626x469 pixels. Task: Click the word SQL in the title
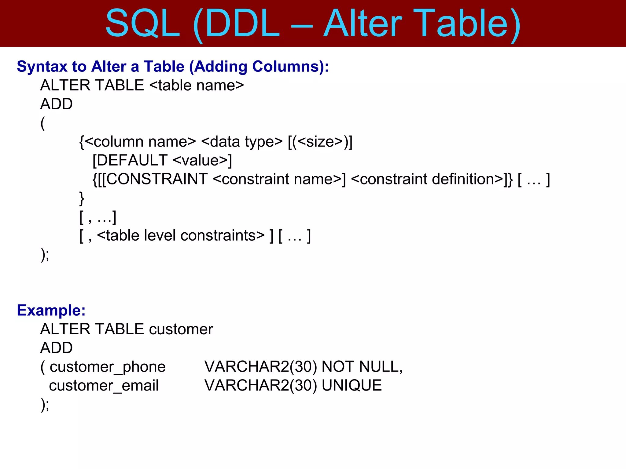[x=142, y=24]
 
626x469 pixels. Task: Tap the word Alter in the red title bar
[x=363, y=24]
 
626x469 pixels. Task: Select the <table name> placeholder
[x=197, y=85]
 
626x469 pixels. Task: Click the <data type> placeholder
[x=242, y=142]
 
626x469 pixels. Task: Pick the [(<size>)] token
[x=320, y=142]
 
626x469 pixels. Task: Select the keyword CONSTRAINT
[x=157, y=179]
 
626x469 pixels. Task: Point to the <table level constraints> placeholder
[x=180, y=235]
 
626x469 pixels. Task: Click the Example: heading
[x=51, y=310]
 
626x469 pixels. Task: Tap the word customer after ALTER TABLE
[x=181, y=329]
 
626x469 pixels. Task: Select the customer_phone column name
[x=108, y=367]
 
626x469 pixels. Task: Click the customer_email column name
[x=104, y=385]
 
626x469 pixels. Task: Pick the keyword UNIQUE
[x=352, y=385]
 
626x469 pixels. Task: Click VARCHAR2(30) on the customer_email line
[x=261, y=385]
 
